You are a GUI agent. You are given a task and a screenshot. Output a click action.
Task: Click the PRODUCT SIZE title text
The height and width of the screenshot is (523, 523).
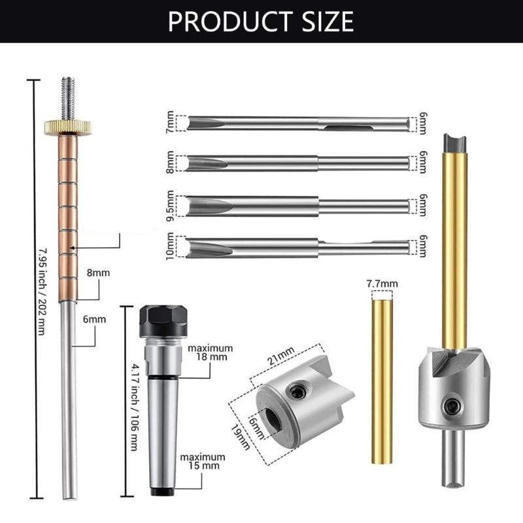coord(261,21)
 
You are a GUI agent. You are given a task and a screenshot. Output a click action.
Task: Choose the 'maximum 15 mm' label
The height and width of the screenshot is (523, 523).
coord(203,461)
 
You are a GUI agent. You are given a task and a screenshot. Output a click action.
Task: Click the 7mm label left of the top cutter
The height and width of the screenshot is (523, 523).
coord(171,122)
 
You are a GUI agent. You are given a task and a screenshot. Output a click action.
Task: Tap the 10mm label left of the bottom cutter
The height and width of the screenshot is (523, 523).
coord(171,246)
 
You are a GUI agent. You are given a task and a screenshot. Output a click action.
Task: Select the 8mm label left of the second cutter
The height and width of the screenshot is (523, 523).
coord(171,162)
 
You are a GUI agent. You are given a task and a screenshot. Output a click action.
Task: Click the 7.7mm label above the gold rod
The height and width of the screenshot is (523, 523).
coord(382,283)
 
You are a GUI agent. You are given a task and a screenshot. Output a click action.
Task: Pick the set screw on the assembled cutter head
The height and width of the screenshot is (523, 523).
coord(450,405)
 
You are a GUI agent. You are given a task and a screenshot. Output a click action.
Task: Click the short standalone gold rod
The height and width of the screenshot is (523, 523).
coord(382,379)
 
